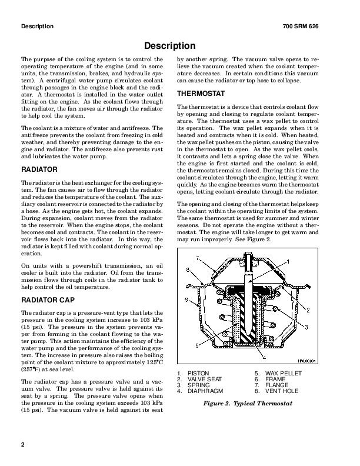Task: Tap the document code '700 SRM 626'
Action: [x=317, y=27]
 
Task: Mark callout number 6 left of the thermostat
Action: [x=187, y=300]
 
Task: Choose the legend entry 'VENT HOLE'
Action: [x=278, y=391]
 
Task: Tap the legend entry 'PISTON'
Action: [x=198, y=374]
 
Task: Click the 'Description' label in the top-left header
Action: [x=37, y=27]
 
